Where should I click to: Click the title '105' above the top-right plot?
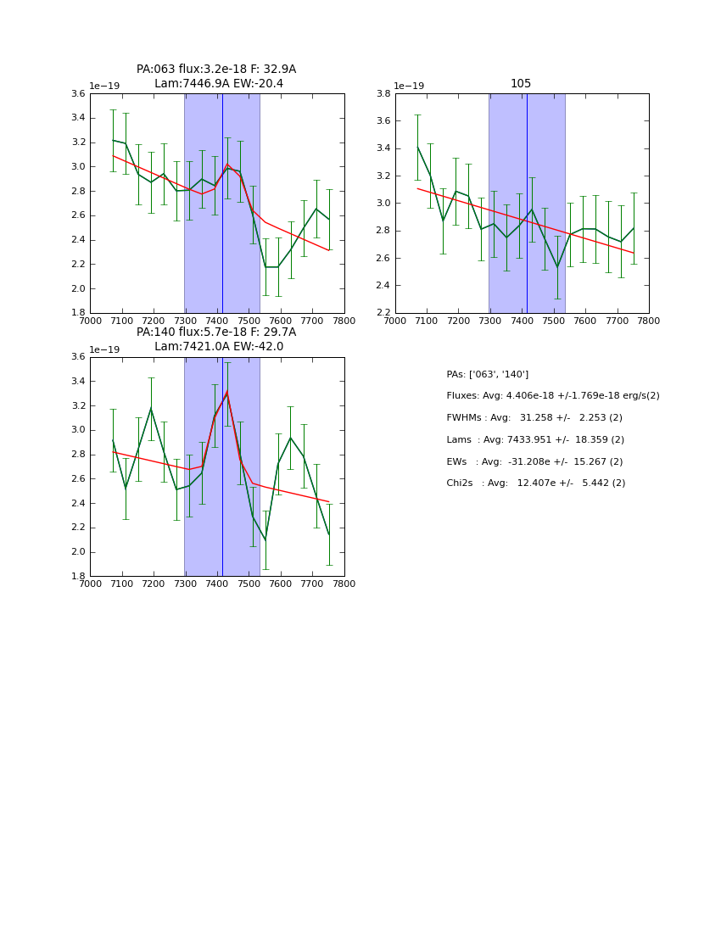(x=521, y=84)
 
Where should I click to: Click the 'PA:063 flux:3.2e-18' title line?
(x=216, y=70)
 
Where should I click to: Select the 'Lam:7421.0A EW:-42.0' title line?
(x=219, y=347)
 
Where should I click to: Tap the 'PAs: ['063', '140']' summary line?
(x=487, y=374)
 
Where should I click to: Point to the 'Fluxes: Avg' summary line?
(x=552, y=396)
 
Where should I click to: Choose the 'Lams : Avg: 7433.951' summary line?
(x=534, y=439)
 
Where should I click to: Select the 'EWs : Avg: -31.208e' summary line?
(x=534, y=461)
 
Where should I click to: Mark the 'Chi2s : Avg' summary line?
(x=535, y=483)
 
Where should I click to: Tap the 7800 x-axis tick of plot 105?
(x=649, y=321)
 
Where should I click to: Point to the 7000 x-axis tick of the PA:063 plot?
(x=90, y=321)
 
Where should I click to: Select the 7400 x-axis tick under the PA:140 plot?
(x=217, y=584)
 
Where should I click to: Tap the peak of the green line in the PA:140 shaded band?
(x=226, y=392)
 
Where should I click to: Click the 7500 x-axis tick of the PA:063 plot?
(x=249, y=321)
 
